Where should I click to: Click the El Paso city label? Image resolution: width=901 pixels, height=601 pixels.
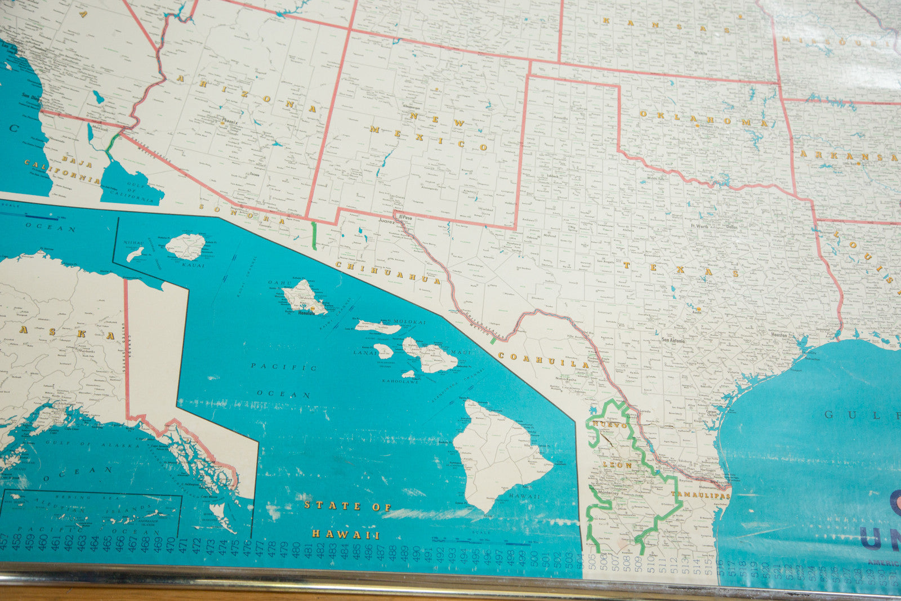[405, 217]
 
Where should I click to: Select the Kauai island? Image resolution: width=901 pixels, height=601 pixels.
[186, 247]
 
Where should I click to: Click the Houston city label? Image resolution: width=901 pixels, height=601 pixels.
[779, 335]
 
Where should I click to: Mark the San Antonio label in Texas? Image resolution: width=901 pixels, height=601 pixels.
[673, 340]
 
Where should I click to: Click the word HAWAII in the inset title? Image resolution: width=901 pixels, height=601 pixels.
[346, 534]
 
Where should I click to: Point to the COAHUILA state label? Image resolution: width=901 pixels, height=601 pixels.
[543, 360]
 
